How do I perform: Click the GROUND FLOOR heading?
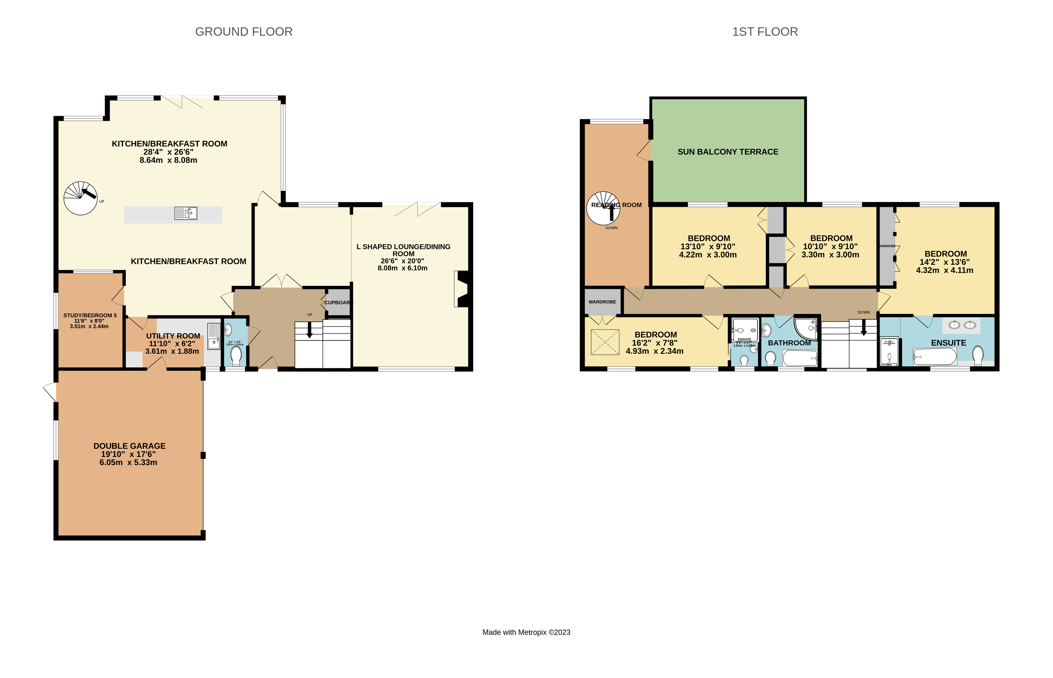click(x=244, y=32)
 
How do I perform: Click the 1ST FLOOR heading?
click(x=765, y=32)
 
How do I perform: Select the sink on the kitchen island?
click(x=186, y=213)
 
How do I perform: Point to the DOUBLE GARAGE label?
click(x=129, y=446)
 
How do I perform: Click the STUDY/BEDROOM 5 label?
click(x=90, y=315)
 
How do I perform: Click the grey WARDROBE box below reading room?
click(x=602, y=301)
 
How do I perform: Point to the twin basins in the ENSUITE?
click(x=961, y=325)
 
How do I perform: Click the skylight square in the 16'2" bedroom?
click(x=604, y=342)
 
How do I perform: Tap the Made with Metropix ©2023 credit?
click(x=526, y=632)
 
